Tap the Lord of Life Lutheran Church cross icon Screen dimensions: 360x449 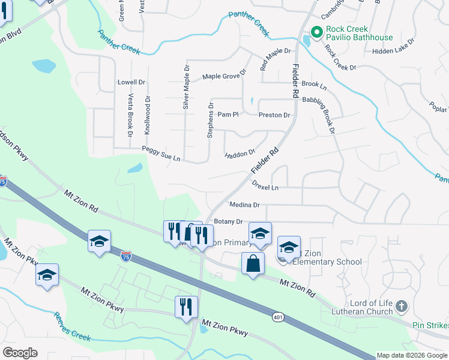pos(402,307)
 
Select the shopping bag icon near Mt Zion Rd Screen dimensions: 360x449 pos(253,263)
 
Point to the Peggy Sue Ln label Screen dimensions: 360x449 pos(161,153)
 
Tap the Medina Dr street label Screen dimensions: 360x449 pos(244,205)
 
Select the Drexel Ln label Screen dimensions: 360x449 pos(265,185)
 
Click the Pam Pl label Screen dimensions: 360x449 pos(228,114)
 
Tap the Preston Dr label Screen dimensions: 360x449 pos(274,115)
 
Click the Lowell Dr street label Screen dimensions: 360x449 pos(131,82)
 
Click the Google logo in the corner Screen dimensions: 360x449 pos(20,353)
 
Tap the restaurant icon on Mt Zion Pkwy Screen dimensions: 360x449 pos(186,307)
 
